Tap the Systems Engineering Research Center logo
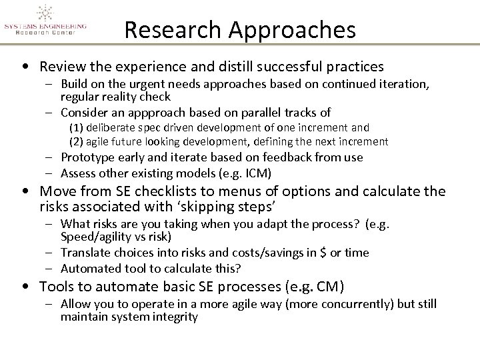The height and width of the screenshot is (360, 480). tap(45, 21)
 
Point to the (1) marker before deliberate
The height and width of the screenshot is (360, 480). tap(76, 127)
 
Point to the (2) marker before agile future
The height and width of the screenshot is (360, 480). tap(76, 141)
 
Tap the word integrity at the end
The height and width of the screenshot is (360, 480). tap(175, 317)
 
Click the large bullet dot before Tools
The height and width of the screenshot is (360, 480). tap(25, 287)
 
